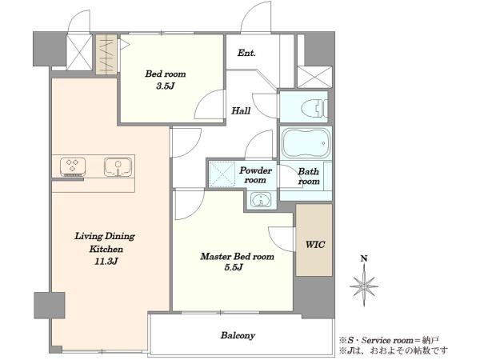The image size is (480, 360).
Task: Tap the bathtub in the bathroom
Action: pyautogui.click(x=306, y=143)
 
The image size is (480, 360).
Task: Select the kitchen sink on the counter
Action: pyautogui.click(x=118, y=167)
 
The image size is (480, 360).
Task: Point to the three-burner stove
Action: pyautogui.click(x=73, y=167)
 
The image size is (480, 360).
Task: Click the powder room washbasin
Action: pyautogui.click(x=261, y=200)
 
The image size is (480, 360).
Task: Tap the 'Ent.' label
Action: pyautogui.click(x=246, y=53)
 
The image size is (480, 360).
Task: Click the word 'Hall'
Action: pyautogui.click(x=241, y=110)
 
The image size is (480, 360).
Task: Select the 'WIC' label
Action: pyautogui.click(x=315, y=245)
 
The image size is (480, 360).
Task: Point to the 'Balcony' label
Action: pyautogui.click(x=238, y=335)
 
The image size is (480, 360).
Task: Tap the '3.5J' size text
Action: pyautogui.click(x=166, y=86)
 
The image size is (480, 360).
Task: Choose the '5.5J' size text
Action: pyautogui.click(x=234, y=267)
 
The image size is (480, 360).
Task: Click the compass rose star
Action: pyautogui.click(x=364, y=286)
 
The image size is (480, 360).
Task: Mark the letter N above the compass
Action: pyautogui.click(x=364, y=258)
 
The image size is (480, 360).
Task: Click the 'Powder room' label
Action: pyautogui.click(x=256, y=175)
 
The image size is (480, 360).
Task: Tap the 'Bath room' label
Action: pyautogui.click(x=309, y=176)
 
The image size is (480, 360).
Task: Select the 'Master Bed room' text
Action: pyautogui.click(x=238, y=256)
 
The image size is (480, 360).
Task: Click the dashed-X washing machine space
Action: pyautogui.click(x=222, y=174)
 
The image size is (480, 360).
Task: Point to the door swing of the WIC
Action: pyautogui.click(x=282, y=238)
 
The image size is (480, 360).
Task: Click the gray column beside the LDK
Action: pyautogui.click(x=50, y=305)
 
